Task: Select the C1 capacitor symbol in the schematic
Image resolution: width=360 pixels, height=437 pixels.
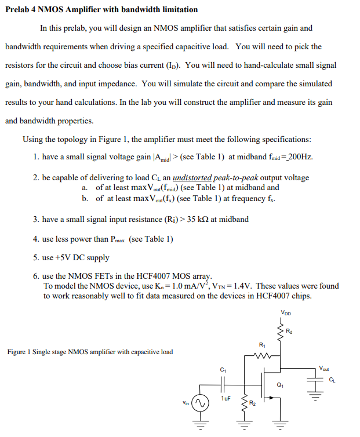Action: pyautogui.click(x=223, y=383)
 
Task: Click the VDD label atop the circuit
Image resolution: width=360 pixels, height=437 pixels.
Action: pyautogui.click(x=286, y=313)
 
